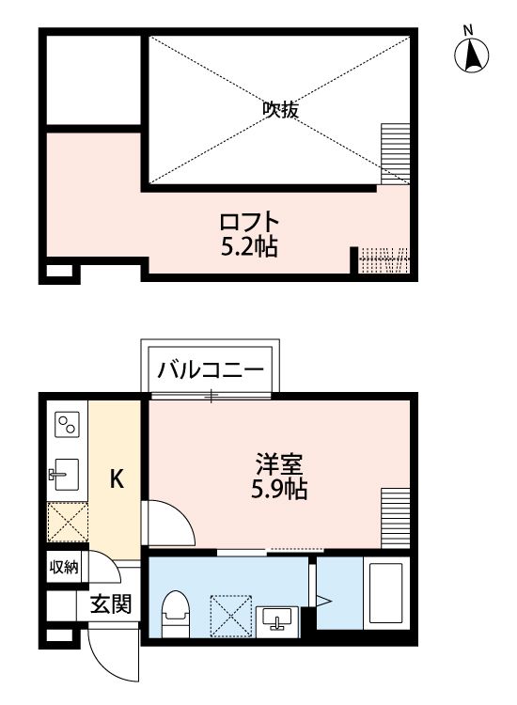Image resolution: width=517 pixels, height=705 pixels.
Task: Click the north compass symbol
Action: (473, 55)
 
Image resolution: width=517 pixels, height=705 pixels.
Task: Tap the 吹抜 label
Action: (280, 110)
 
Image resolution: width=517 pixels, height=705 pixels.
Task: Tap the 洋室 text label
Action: (276, 463)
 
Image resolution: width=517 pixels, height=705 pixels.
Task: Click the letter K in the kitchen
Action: (117, 479)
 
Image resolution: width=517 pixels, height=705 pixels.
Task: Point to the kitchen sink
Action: (65, 476)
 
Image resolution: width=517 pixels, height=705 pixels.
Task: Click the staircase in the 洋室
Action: (396, 518)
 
